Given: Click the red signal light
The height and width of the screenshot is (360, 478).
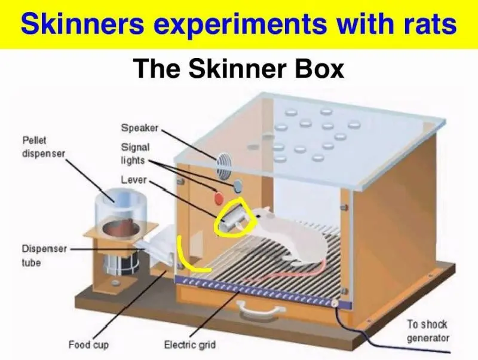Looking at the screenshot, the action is pyautogui.click(x=219, y=199).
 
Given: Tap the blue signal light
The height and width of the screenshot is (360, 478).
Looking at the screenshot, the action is pyautogui.click(x=238, y=186).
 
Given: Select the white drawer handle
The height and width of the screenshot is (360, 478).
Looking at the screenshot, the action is pyautogui.click(x=262, y=309).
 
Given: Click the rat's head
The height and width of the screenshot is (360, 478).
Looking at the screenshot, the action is pyautogui.click(x=263, y=215).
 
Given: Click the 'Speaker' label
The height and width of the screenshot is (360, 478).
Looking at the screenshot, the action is pyautogui.click(x=140, y=128).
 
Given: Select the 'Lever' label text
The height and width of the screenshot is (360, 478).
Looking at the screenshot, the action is pyautogui.click(x=134, y=179).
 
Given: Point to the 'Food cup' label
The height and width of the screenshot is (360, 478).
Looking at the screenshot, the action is pyautogui.click(x=88, y=345).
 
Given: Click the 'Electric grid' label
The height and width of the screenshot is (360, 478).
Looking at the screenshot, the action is pyautogui.click(x=189, y=345).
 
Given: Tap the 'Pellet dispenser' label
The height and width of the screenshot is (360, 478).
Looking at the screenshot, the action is pyautogui.click(x=44, y=147).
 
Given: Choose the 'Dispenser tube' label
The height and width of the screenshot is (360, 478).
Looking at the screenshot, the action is pyautogui.click(x=44, y=256).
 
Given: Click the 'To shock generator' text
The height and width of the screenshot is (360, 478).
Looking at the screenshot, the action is pyautogui.click(x=428, y=331).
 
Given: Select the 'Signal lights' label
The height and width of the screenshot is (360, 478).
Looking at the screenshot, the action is pyautogui.click(x=136, y=154).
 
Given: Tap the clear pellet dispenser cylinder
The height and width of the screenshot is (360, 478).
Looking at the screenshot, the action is pyautogui.click(x=121, y=208).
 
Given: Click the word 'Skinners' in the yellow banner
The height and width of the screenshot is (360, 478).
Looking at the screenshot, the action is pyautogui.click(x=83, y=24).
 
